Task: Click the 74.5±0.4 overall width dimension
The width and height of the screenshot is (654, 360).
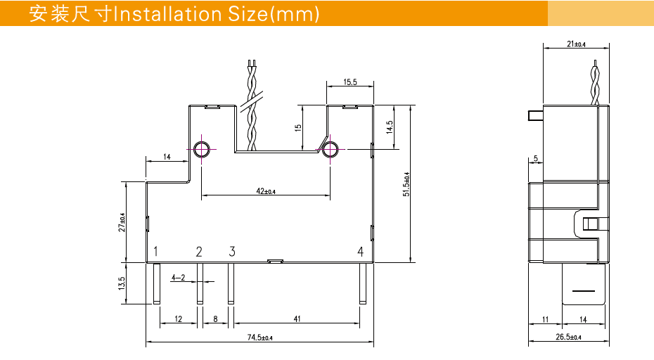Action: [259, 338]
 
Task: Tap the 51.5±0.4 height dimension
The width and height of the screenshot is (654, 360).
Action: [406, 184]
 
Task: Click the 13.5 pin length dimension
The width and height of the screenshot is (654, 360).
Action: [122, 283]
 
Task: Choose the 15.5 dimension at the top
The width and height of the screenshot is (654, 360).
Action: [350, 82]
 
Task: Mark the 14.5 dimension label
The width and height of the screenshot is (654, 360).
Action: [389, 127]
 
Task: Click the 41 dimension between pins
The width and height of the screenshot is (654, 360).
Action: [297, 319]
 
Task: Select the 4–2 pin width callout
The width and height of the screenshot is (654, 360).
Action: [178, 278]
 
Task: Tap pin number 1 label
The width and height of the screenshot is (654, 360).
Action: [156, 252]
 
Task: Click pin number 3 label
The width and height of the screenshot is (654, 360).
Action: [232, 252]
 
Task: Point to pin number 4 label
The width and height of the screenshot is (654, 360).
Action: [360, 252]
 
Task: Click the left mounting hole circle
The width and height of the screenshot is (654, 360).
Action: [201, 149]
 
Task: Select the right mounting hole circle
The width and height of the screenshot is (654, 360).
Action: [330, 149]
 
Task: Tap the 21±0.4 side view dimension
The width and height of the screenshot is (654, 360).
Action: [576, 44]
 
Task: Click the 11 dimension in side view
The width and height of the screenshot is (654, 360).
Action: [546, 320]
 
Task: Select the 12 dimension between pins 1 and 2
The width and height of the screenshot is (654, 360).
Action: [178, 319]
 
